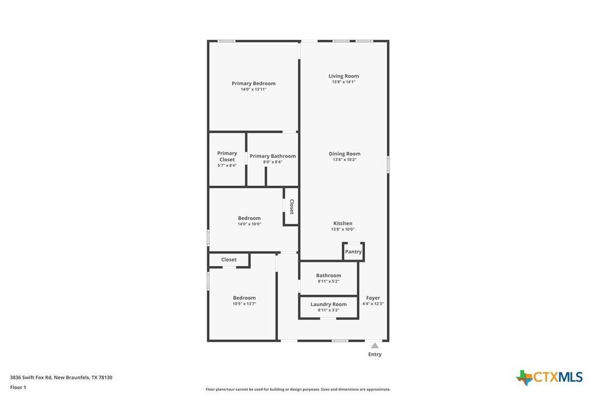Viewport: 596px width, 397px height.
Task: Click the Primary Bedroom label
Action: pos(254,83)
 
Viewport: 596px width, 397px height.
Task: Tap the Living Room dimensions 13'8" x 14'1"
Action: pos(343,81)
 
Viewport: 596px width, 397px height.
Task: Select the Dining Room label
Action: pos(345,154)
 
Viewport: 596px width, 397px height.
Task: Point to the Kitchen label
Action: pos(343,223)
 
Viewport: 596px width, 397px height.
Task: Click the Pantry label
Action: pos(353,251)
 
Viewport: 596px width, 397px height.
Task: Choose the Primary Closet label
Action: pos(227,156)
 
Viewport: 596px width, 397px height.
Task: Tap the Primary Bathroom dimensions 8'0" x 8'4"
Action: pos(272,162)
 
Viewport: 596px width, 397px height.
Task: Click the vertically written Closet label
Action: pos(292,207)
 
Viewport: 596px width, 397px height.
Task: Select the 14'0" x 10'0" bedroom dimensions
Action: pos(249,224)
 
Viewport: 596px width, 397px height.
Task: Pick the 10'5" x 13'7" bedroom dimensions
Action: pos(244,304)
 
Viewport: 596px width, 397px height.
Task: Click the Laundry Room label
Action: pos(328,304)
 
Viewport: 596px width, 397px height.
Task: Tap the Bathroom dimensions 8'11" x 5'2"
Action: pos(328,281)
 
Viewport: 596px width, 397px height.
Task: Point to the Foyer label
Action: pos(373,298)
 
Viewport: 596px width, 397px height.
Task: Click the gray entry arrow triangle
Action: pos(375,346)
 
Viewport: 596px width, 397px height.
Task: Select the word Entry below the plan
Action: pos(375,355)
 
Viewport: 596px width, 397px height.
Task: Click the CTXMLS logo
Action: pos(549,377)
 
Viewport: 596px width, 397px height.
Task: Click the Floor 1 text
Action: pos(18,388)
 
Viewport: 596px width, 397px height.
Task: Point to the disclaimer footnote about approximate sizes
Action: pos(298,389)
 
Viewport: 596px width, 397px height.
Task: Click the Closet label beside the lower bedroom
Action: pos(229,260)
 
